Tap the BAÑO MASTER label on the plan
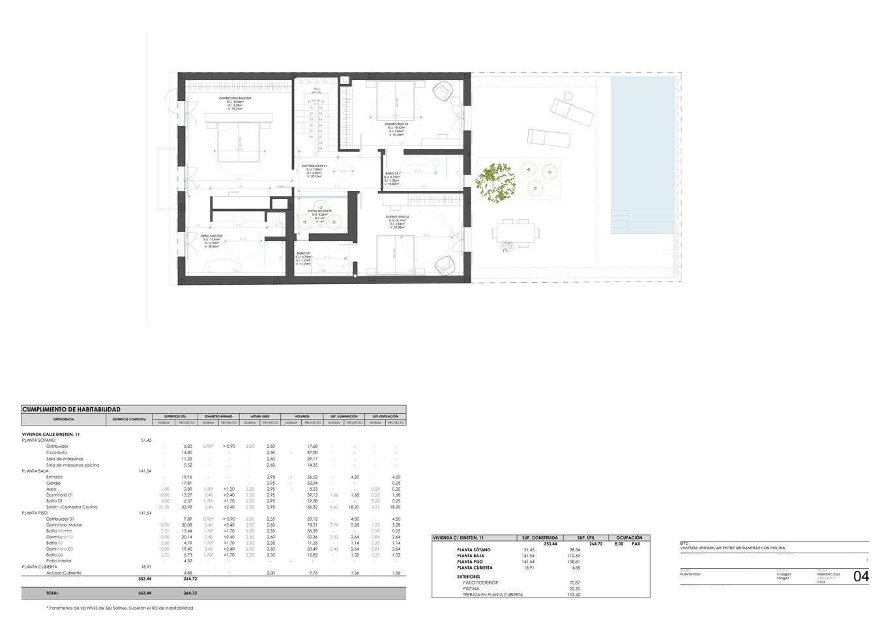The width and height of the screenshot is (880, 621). tap(212, 236)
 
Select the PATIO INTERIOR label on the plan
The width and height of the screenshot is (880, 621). tap(319, 211)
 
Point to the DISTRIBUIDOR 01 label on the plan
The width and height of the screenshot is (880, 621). tap(315, 166)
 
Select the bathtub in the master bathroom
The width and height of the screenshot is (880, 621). tap(218, 266)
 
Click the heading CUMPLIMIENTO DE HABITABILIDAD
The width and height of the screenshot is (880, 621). tap(72, 409)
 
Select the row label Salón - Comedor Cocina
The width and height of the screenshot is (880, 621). tap(72, 507)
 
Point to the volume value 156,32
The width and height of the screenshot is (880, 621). tap(312, 507)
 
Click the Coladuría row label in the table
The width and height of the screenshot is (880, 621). tap(57, 452)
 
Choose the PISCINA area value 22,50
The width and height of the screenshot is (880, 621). tap(574, 588)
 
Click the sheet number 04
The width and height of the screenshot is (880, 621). tap(860, 577)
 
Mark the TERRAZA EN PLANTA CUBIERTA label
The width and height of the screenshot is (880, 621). tap(492, 595)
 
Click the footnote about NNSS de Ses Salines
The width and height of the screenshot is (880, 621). tap(121, 608)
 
